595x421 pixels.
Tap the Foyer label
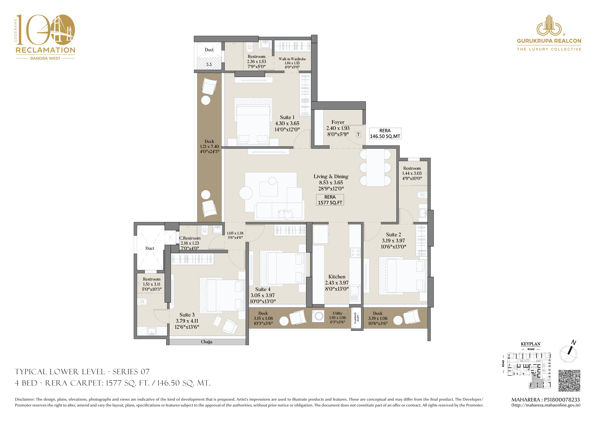[338, 122]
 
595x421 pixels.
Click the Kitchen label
[337, 277]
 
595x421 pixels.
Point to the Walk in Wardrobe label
[292, 59]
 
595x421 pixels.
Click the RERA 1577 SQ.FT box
[330, 200]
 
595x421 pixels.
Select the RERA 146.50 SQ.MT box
[385, 133]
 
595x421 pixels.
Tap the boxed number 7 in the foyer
[358, 134]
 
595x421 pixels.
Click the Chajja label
[207, 342]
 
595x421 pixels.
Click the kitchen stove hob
[355, 253]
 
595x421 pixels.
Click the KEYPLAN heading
[531, 344]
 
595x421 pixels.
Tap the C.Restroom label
[190, 238]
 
